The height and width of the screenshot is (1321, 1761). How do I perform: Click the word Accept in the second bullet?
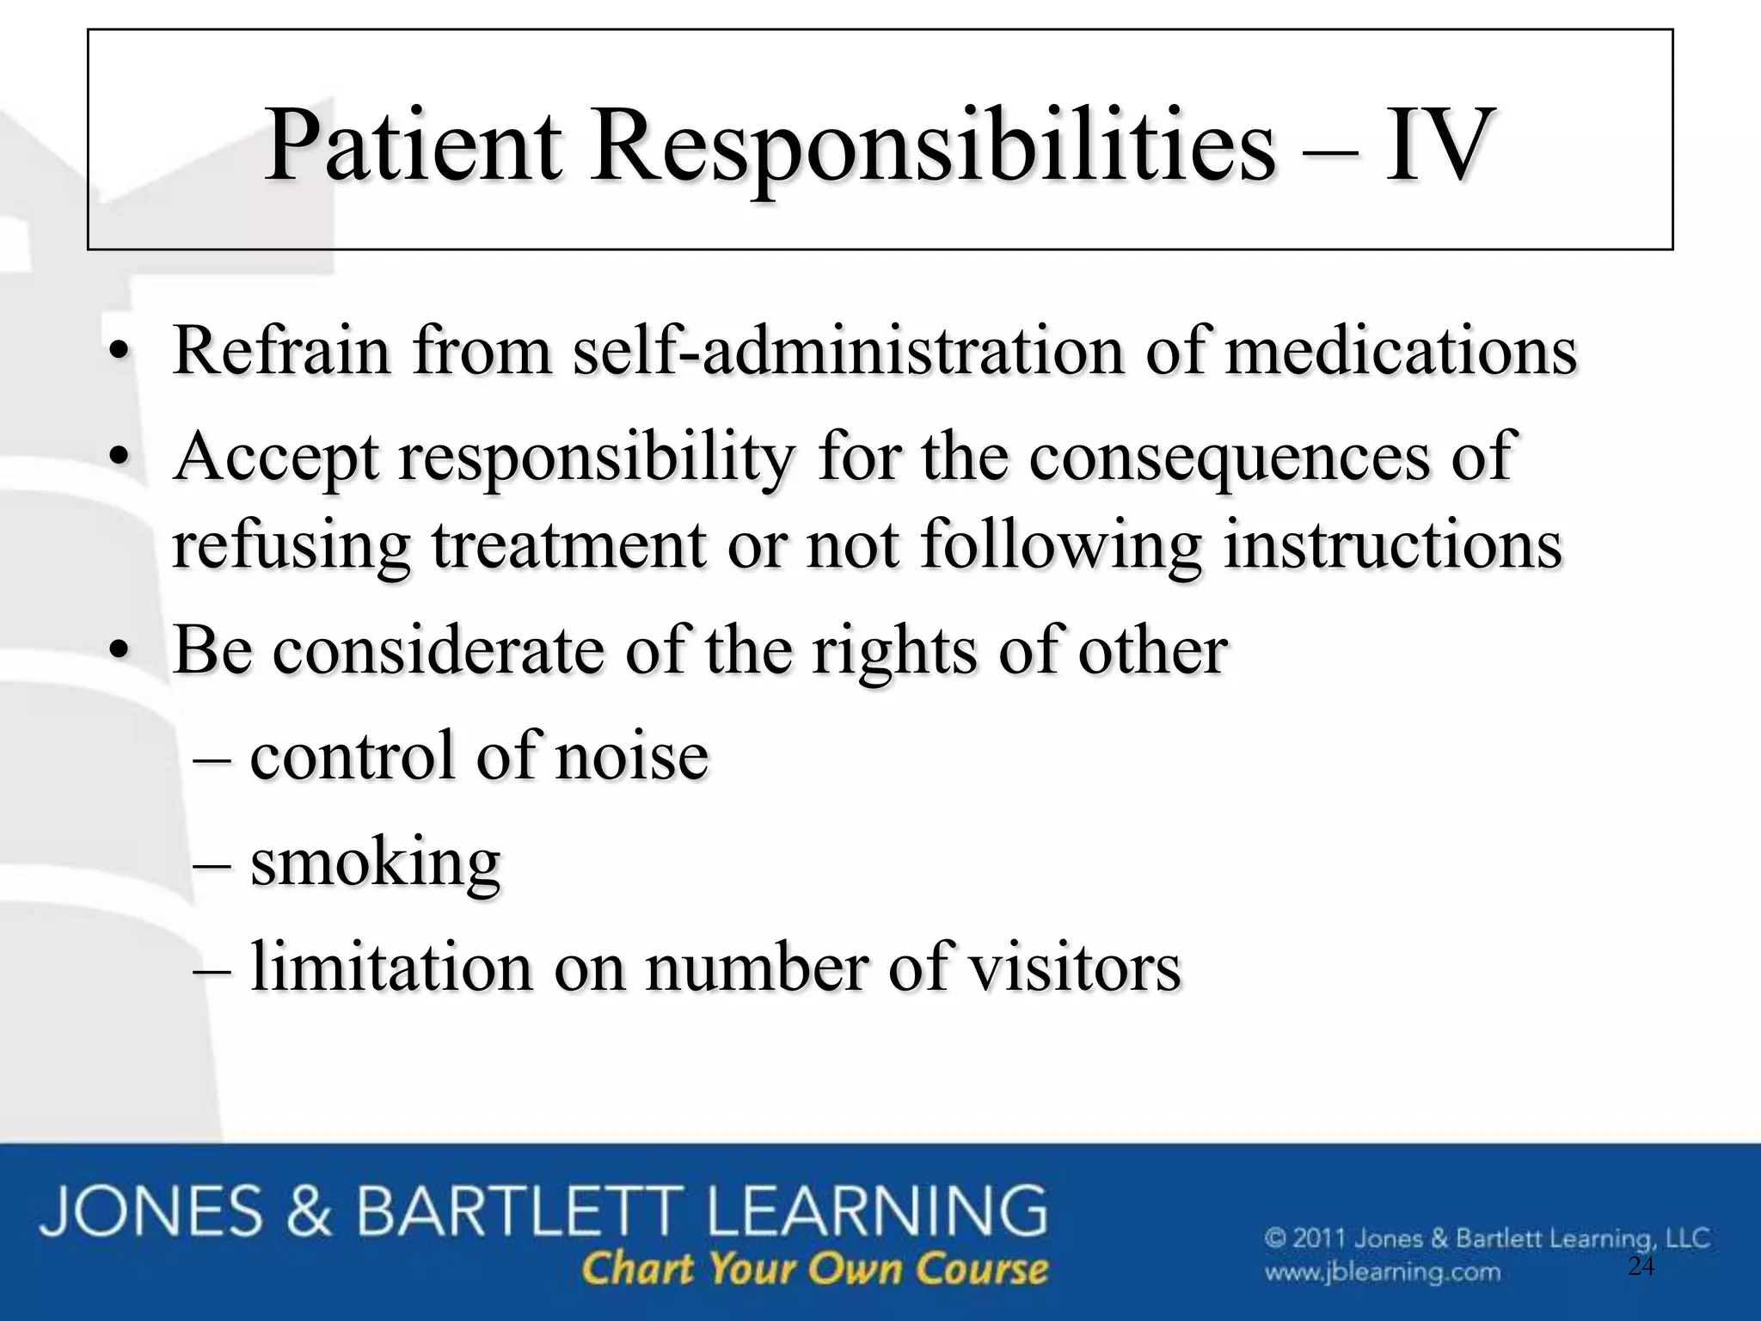pos(275,458)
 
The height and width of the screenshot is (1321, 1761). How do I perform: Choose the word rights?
pos(893,652)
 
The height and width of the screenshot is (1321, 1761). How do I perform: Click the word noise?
pos(632,756)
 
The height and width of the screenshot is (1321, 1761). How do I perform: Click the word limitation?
pos(391,968)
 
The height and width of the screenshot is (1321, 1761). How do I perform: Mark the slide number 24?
pos(1641,1265)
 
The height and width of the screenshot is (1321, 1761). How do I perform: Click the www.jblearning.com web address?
pos(1382,1271)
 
